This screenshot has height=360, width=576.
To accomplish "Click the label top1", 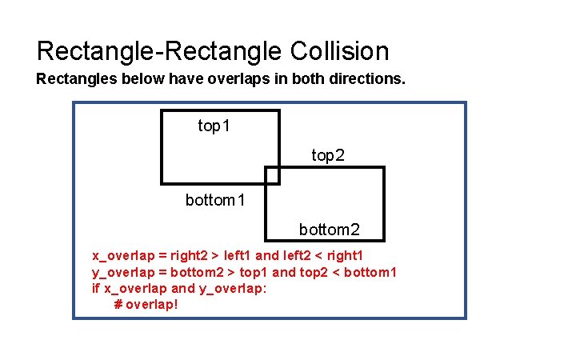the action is pyautogui.click(x=215, y=126).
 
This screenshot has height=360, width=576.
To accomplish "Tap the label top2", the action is pyautogui.click(x=328, y=155).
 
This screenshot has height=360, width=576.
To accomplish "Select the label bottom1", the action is pyautogui.click(x=215, y=200).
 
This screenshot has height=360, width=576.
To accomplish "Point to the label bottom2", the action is pyautogui.click(x=329, y=230).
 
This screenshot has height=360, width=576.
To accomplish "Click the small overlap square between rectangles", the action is pyautogui.click(x=272, y=175).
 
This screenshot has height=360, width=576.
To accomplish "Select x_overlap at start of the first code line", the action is pyautogui.click(x=123, y=256).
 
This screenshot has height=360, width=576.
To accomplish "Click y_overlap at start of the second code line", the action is pyautogui.click(x=123, y=272).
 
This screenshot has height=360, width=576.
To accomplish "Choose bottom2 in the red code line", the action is pyautogui.click(x=197, y=272).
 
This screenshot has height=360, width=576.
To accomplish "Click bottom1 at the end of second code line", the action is pyautogui.click(x=370, y=272).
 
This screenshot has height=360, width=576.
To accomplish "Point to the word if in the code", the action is pyautogui.click(x=95, y=288).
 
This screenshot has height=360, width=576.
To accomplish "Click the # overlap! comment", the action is pyautogui.click(x=146, y=305).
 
